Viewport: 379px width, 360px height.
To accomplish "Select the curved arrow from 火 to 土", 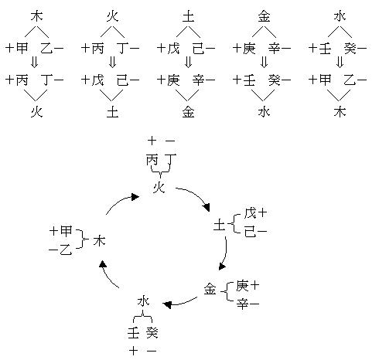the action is [x=196, y=195].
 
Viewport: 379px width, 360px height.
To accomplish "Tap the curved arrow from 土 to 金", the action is [x=225, y=253].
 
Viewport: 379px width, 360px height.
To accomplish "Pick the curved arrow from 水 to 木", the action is [x=107, y=276].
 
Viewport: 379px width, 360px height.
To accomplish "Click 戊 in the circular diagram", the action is [x=250, y=213].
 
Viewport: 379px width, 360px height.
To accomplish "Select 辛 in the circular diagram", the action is [x=243, y=304].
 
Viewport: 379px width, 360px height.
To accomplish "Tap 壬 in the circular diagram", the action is [x=134, y=332].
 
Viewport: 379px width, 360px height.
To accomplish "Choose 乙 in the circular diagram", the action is [x=66, y=250].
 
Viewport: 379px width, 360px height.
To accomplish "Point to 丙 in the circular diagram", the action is [x=152, y=160].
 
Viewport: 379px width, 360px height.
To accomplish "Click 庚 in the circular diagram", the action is [x=242, y=286].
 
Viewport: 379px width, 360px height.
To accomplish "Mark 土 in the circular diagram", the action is [x=219, y=226].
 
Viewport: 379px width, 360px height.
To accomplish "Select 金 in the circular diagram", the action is [x=210, y=289].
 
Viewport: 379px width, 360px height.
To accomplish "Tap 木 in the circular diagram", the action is [x=99, y=241].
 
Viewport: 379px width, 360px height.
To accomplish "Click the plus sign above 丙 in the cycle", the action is [x=152, y=141].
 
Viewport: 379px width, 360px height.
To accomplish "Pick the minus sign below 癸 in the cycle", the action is [x=152, y=351].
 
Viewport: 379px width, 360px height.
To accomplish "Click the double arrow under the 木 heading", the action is [x=34, y=62].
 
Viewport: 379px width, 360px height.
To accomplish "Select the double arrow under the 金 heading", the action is [x=264, y=62].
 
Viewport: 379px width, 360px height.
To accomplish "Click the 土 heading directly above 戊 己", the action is [x=188, y=17].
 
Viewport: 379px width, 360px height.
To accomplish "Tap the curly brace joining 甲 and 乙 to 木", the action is [x=83, y=239].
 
